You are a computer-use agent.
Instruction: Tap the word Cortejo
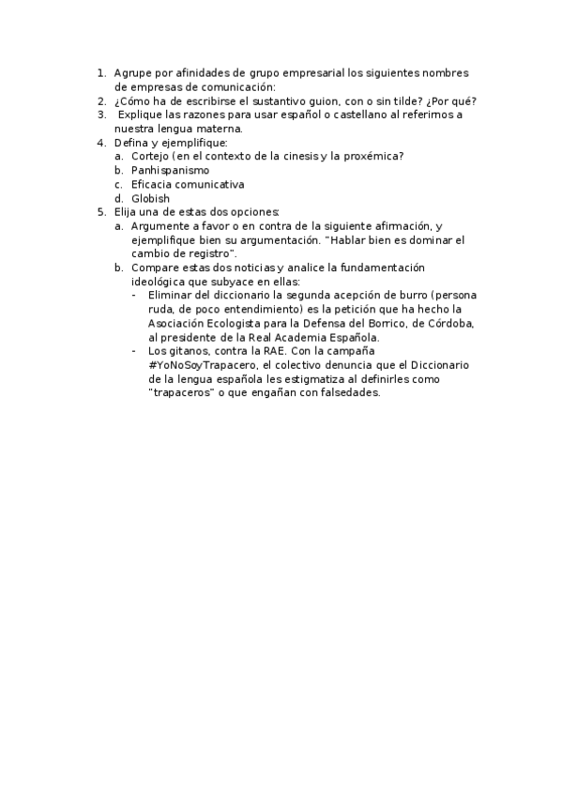click(x=150, y=156)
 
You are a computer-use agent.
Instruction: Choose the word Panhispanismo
click(x=170, y=171)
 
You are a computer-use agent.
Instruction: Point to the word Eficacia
click(x=152, y=185)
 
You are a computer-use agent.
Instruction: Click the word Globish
click(x=150, y=199)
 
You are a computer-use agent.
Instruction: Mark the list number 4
click(x=101, y=143)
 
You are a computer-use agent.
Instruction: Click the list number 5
click(x=101, y=213)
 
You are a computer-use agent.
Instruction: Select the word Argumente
click(x=163, y=227)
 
